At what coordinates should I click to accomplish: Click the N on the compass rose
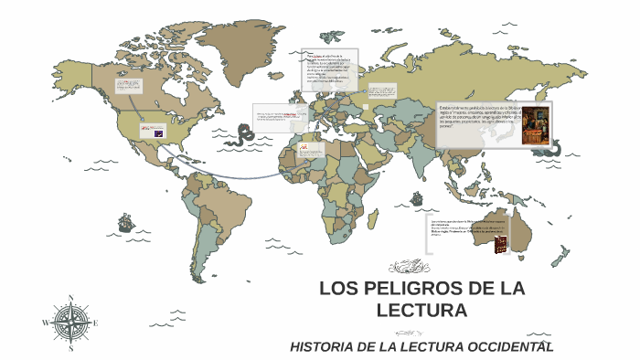tap(71, 298)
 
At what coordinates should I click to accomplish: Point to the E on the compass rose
tap(97, 323)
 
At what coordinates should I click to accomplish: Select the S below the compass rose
tap(71, 348)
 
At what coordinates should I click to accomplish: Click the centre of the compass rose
tap(71, 323)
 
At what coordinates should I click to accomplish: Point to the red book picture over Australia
tap(500, 245)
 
